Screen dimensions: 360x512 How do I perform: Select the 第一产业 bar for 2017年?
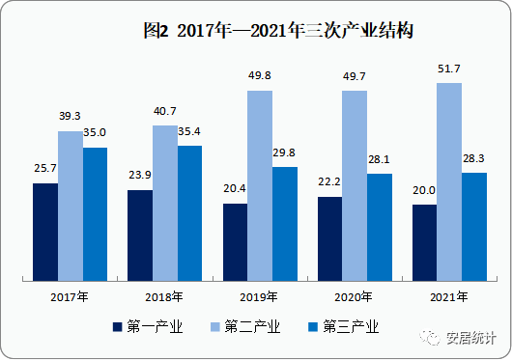click(x=44, y=232)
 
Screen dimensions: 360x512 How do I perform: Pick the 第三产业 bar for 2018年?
click(x=190, y=213)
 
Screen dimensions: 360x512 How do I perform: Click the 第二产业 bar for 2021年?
click(x=449, y=181)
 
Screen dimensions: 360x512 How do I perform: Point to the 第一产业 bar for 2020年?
click(x=329, y=238)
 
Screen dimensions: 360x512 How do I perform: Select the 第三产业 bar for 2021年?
click(x=474, y=227)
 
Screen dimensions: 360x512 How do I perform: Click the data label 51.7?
click(x=449, y=72)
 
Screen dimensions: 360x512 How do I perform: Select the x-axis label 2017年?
click(x=70, y=297)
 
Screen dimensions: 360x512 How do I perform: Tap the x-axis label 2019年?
click(x=260, y=297)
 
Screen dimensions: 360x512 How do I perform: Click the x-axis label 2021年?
click(x=449, y=297)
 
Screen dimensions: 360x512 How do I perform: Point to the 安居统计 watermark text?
click(x=470, y=338)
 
